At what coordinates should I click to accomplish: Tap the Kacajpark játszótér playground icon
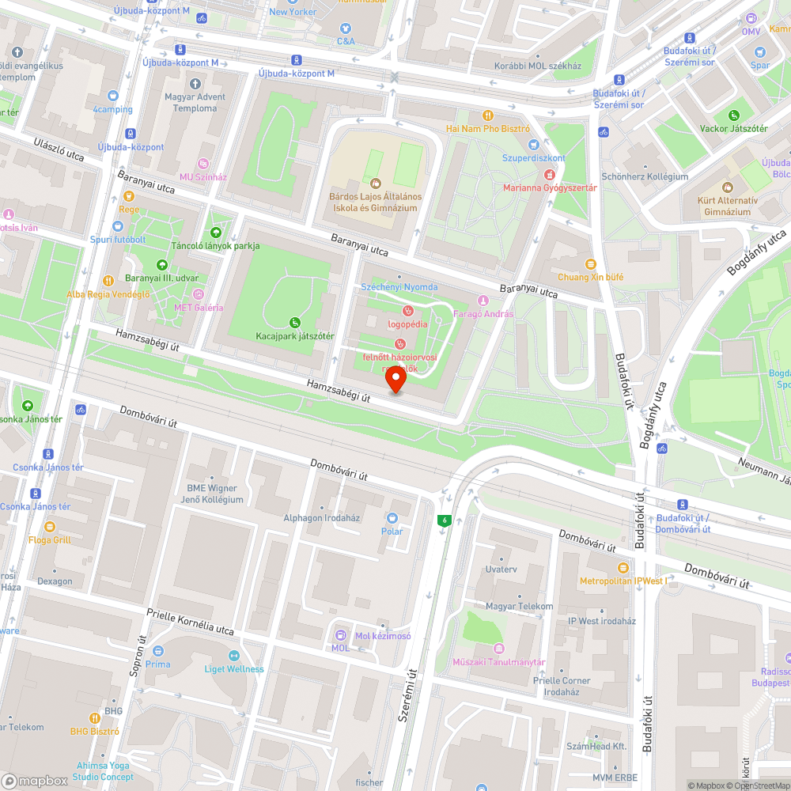[x=295, y=322]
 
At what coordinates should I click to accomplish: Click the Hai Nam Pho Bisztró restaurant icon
[x=488, y=115]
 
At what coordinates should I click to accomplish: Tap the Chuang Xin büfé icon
[x=589, y=264]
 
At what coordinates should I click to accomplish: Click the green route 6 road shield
[x=445, y=520]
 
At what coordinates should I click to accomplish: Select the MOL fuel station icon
[x=341, y=634]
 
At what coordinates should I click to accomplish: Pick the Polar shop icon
[x=392, y=518]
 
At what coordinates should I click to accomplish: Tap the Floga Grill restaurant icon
[x=49, y=527]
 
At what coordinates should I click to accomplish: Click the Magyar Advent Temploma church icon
[x=195, y=84]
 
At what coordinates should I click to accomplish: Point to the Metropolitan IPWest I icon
[x=623, y=568]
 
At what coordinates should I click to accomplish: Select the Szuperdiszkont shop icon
[x=533, y=145]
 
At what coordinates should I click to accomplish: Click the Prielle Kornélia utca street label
[x=190, y=622]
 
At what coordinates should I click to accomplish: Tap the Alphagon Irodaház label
[x=321, y=517]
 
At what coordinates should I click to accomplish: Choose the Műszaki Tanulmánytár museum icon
[x=499, y=649]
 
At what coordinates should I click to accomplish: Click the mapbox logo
[x=36, y=780]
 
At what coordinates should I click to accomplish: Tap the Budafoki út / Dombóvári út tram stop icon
[x=683, y=505]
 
